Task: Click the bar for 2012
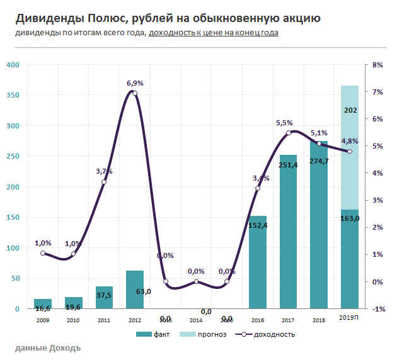click(135, 290)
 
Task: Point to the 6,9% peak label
click(135, 83)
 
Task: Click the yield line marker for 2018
click(319, 143)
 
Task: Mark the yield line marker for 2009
click(43, 253)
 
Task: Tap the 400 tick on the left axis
click(13, 65)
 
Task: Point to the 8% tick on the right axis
click(378, 65)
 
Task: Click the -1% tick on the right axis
click(378, 308)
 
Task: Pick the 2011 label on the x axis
click(104, 320)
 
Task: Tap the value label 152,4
click(258, 225)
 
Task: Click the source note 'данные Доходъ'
click(47, 347)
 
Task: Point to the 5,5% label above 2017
click(285, 123)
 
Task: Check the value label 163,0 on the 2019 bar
click(350, 218)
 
